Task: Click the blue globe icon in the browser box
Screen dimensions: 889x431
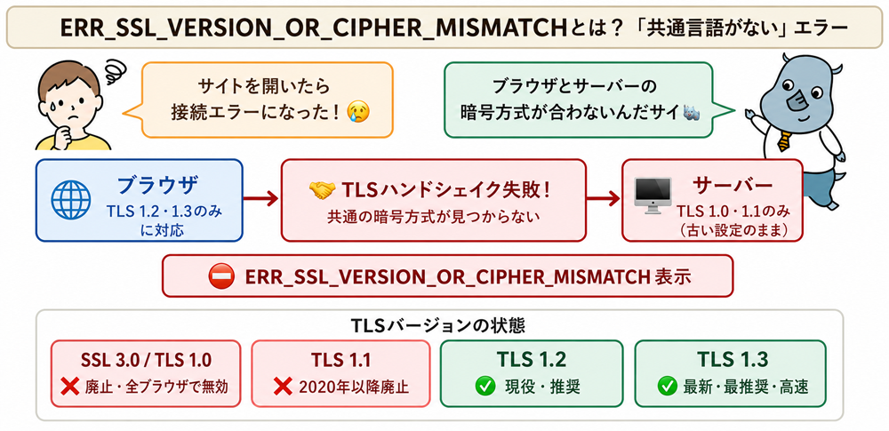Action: (71, 201)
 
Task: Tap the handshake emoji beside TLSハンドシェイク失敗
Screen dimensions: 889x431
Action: (322, 190)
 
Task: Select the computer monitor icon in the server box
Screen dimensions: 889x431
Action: (653, 196)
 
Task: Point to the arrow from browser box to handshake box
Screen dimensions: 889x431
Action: (260, 198)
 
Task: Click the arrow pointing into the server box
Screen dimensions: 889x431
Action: (604, 198)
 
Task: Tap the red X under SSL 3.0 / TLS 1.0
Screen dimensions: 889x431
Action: (69, 387)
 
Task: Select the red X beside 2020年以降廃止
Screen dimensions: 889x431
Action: (283, 387)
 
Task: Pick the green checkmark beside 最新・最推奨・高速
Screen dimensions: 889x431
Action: (667, 387)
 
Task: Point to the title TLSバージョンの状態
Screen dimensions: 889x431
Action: (438, 326)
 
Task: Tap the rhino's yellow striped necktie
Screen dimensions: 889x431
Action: (783, 140)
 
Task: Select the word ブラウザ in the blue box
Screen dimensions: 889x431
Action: (158, 186)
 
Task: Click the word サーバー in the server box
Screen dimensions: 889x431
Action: (733, 186)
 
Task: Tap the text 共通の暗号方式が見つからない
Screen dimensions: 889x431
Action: (433, 217)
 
